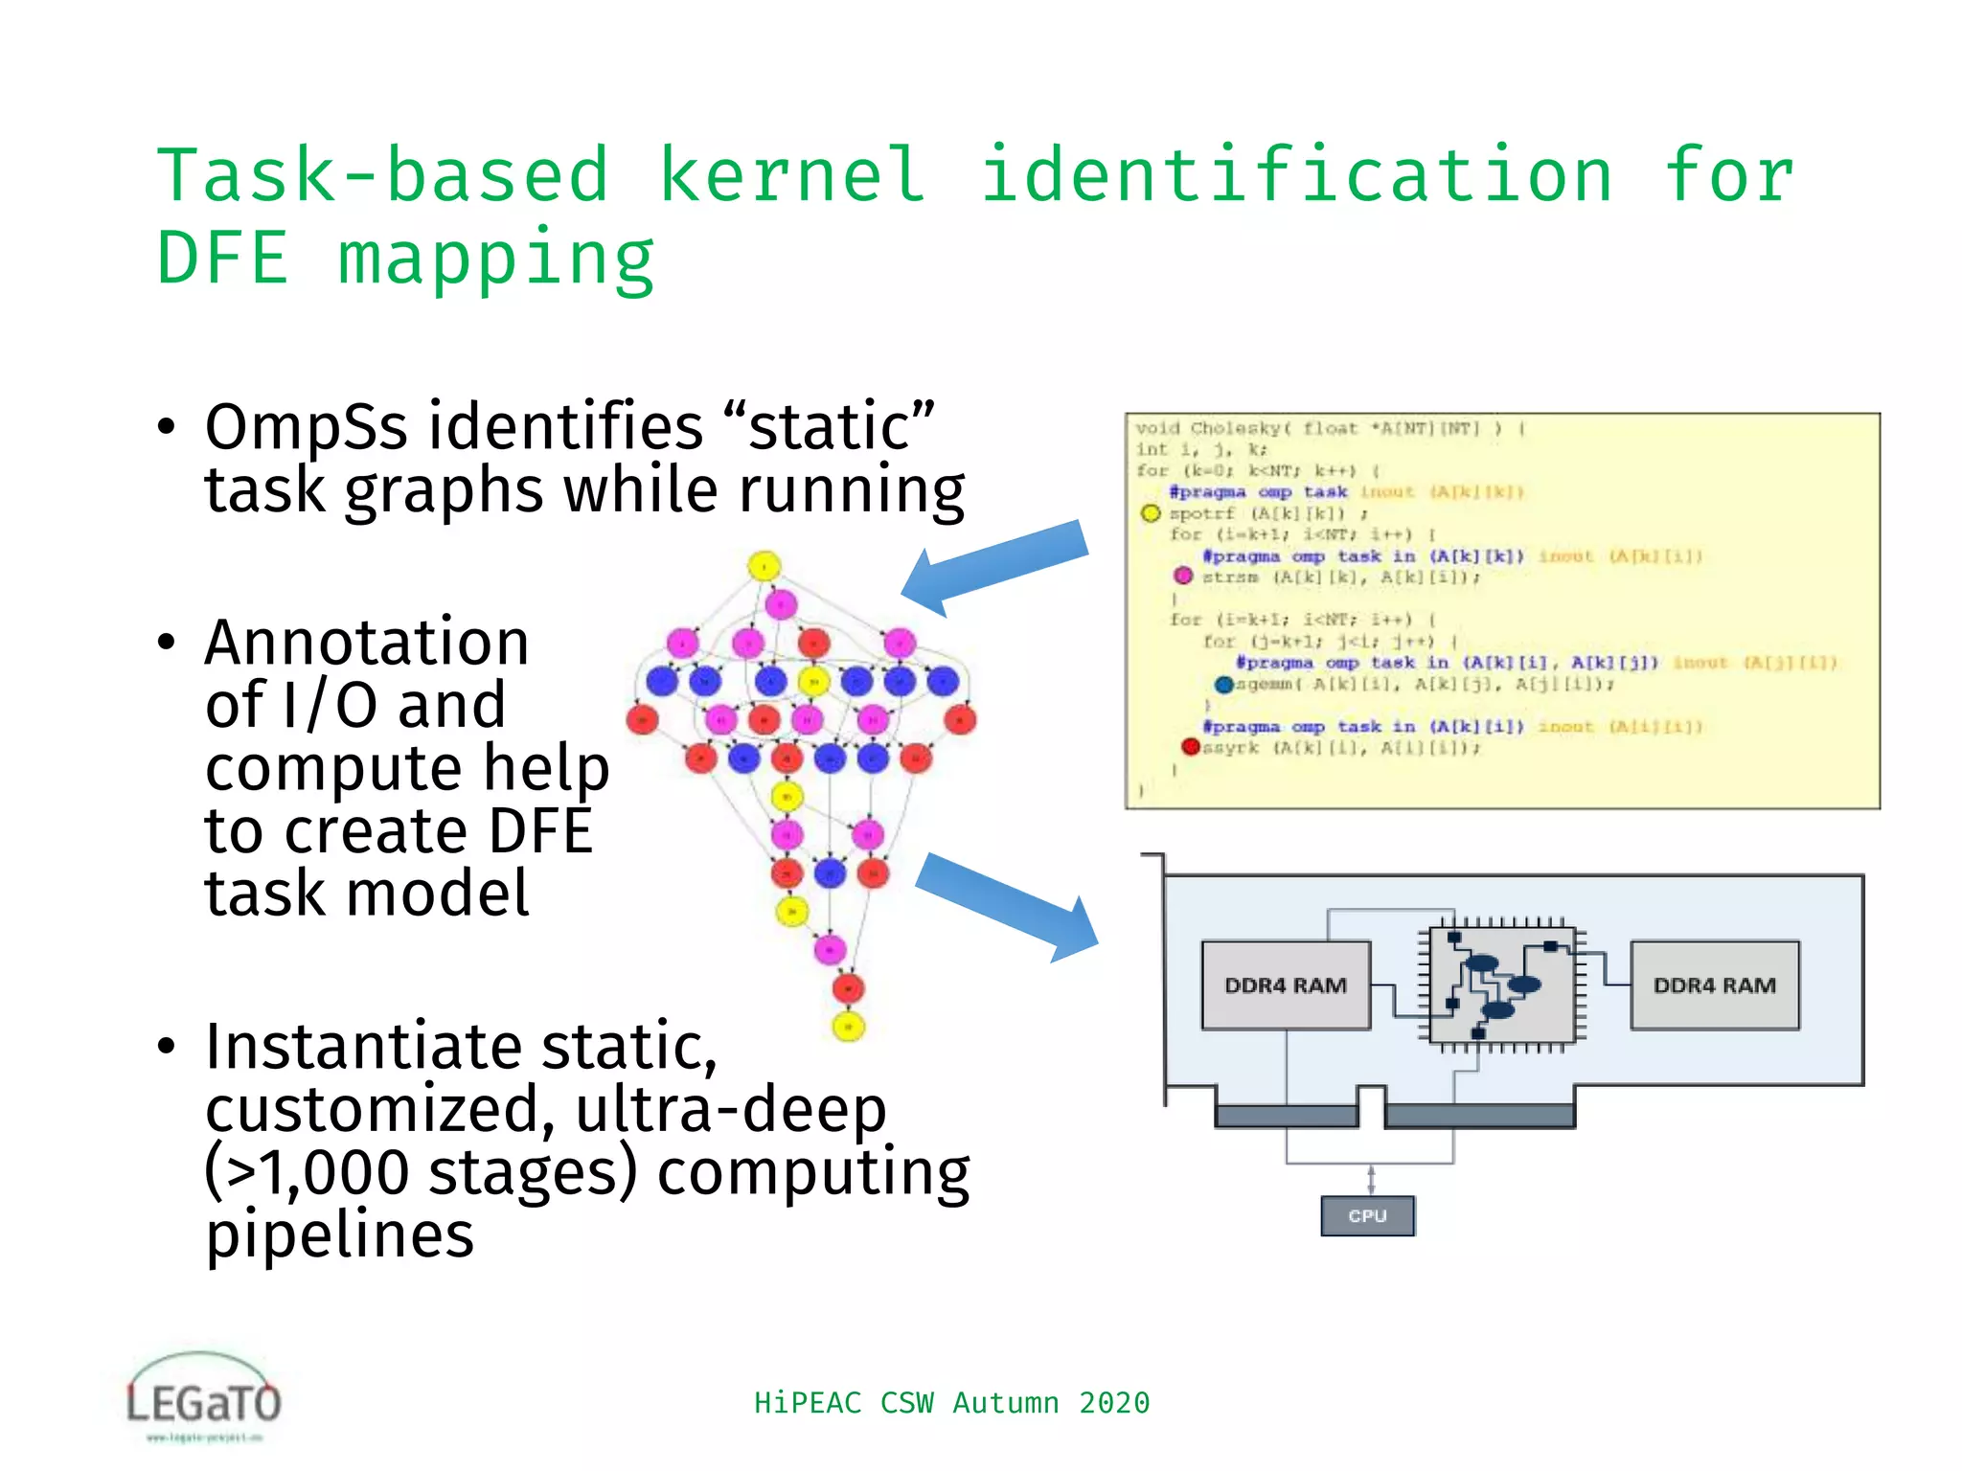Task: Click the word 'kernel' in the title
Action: [x=792, y=174]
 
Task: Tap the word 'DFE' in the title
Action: [x=222, y=259]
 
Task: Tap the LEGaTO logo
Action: [x=203, y=1398]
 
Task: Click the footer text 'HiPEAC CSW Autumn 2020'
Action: [x=950, y=1402]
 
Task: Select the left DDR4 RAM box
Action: [x=1285, y=985]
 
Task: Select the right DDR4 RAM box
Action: [x=1714, y=985]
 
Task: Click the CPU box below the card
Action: [x=1367, y=1215]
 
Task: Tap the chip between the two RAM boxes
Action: [x=1500, y=984]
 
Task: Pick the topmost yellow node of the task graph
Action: [x=764, y=566]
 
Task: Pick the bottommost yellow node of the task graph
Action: [x=848, y=1027]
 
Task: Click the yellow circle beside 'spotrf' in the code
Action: [x=1151, y=513]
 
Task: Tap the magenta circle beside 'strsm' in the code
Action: [x=1183, y=577]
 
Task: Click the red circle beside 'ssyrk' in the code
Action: [x=1190, y=747]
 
